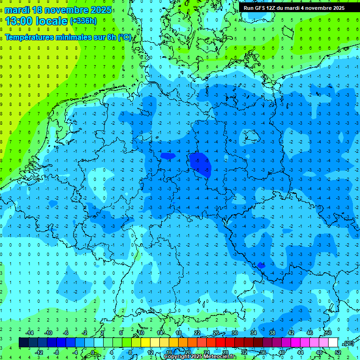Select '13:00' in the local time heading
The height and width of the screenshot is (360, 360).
(x=19, y=21)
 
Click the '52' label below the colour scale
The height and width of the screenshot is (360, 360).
(x=338, y=352)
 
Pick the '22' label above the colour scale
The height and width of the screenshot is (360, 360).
(x=197, y=333)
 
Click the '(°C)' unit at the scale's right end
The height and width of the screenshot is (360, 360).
(x=348, y=343)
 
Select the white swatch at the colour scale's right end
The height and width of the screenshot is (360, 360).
(x=333, y=343)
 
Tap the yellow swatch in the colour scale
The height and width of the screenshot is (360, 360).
(x=155, y=343)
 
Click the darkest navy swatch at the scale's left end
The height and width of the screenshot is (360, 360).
(x=24, y=343)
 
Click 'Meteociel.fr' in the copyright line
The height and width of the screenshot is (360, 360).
(x=220, y=357)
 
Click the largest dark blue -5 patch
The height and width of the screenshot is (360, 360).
(x=201, y=164)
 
